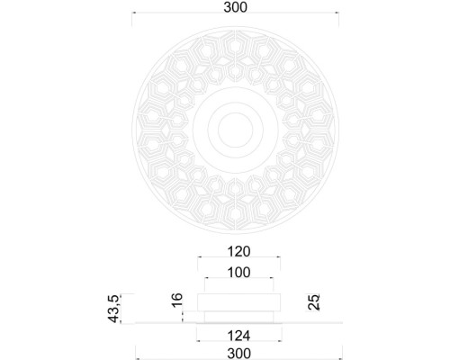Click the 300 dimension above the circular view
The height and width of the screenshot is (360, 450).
(x=235, y=7)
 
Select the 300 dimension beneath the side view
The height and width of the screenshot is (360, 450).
(x=238, y=355)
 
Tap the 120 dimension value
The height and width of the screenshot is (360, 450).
(x=238, y=252)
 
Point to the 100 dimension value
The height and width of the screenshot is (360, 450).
(x=238, y=273)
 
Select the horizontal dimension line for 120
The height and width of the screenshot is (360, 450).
(x=238, y=261)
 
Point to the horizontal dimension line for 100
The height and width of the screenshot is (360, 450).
(x=238, y=281)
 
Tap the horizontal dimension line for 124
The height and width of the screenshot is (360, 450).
(x=238, y=343)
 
